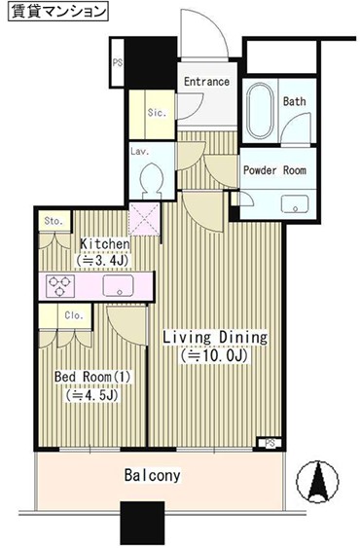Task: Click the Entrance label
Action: click(206, 82)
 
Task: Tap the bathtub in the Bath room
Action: click(260, 111)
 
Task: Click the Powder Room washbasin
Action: click(295, 204)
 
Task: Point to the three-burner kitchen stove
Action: click(60, 286)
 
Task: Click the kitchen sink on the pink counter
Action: click(118, 285)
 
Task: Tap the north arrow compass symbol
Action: click(317, 482)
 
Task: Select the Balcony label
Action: click(153, 475)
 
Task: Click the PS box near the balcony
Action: click(270, 443)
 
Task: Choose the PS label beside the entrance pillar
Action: click(118, 63)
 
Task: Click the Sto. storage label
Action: click(54, 221)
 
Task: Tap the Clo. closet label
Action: click(74, 315)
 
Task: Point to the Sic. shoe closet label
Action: click(157, 113)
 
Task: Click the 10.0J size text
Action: click(214, 356)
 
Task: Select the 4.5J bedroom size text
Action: click(91, 395)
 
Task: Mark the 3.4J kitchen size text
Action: click(103, 260)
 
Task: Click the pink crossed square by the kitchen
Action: click(145, 219)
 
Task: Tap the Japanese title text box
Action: click(58, 11)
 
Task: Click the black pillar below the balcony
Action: click(142, 524)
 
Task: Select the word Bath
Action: click(294, 101)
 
